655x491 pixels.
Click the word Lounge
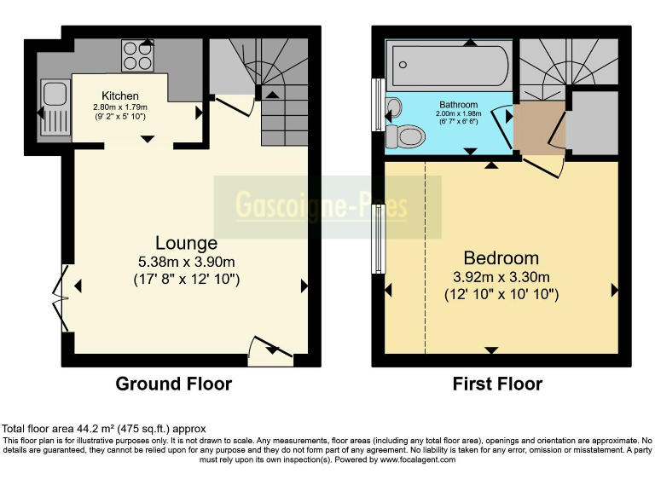tap(186, 244)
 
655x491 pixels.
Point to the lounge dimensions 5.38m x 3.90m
tap(186, 262)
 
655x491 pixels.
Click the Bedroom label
tap(501, 257)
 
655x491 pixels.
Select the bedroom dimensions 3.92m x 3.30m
tap(501, 276)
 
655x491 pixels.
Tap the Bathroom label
tap(458, 104)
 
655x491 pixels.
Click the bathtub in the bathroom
tap(449, 62)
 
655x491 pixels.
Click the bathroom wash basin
tap(393, 108)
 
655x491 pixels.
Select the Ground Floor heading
tap(173, 384)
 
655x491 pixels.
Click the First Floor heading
tap(497, 384)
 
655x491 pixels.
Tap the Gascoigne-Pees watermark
tap(322, 206)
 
